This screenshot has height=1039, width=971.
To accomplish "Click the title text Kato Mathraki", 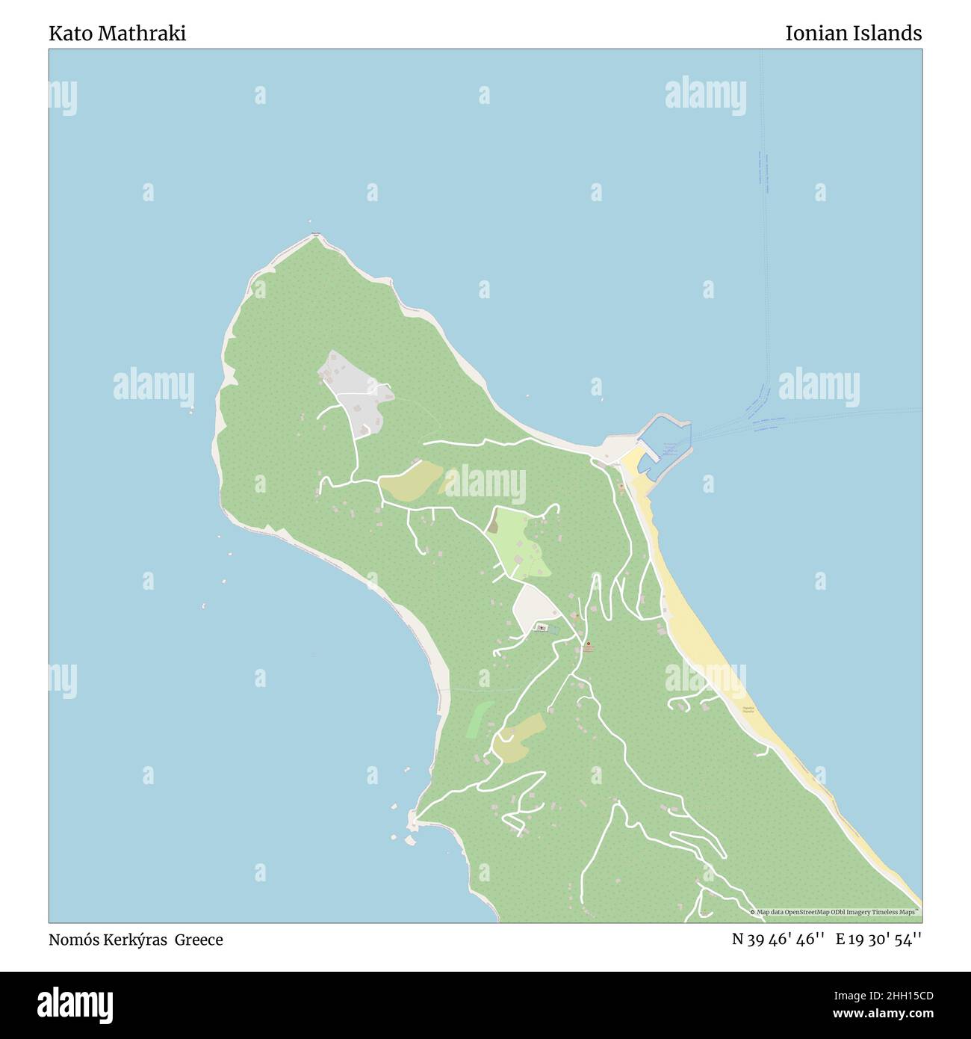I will tap(117, 33).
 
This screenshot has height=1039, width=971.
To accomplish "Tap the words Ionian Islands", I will tap(853, 33).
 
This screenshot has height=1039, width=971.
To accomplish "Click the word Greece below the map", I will tap(199, 940).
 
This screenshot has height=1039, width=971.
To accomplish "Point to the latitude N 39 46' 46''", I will tap(778, 940).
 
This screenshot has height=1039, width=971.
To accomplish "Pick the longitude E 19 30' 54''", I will tap(879, 940).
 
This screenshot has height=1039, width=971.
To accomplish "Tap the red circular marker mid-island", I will tap(588, 644).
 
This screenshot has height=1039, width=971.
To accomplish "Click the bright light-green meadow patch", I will tap(523, 542).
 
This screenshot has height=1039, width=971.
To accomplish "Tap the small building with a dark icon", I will tap(542, 628).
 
